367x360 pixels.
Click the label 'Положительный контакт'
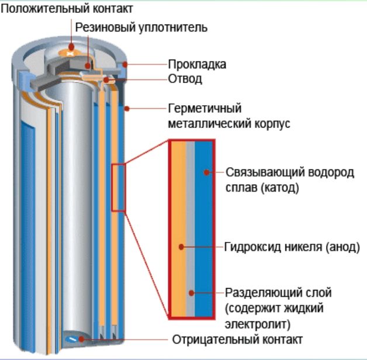(67, 9)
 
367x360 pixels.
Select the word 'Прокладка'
(197, 64)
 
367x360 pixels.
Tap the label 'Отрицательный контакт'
(237, 340)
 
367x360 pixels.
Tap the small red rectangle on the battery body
(119, 188)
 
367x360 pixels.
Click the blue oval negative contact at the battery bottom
(72, 338)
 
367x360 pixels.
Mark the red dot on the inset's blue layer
(206, 172)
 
